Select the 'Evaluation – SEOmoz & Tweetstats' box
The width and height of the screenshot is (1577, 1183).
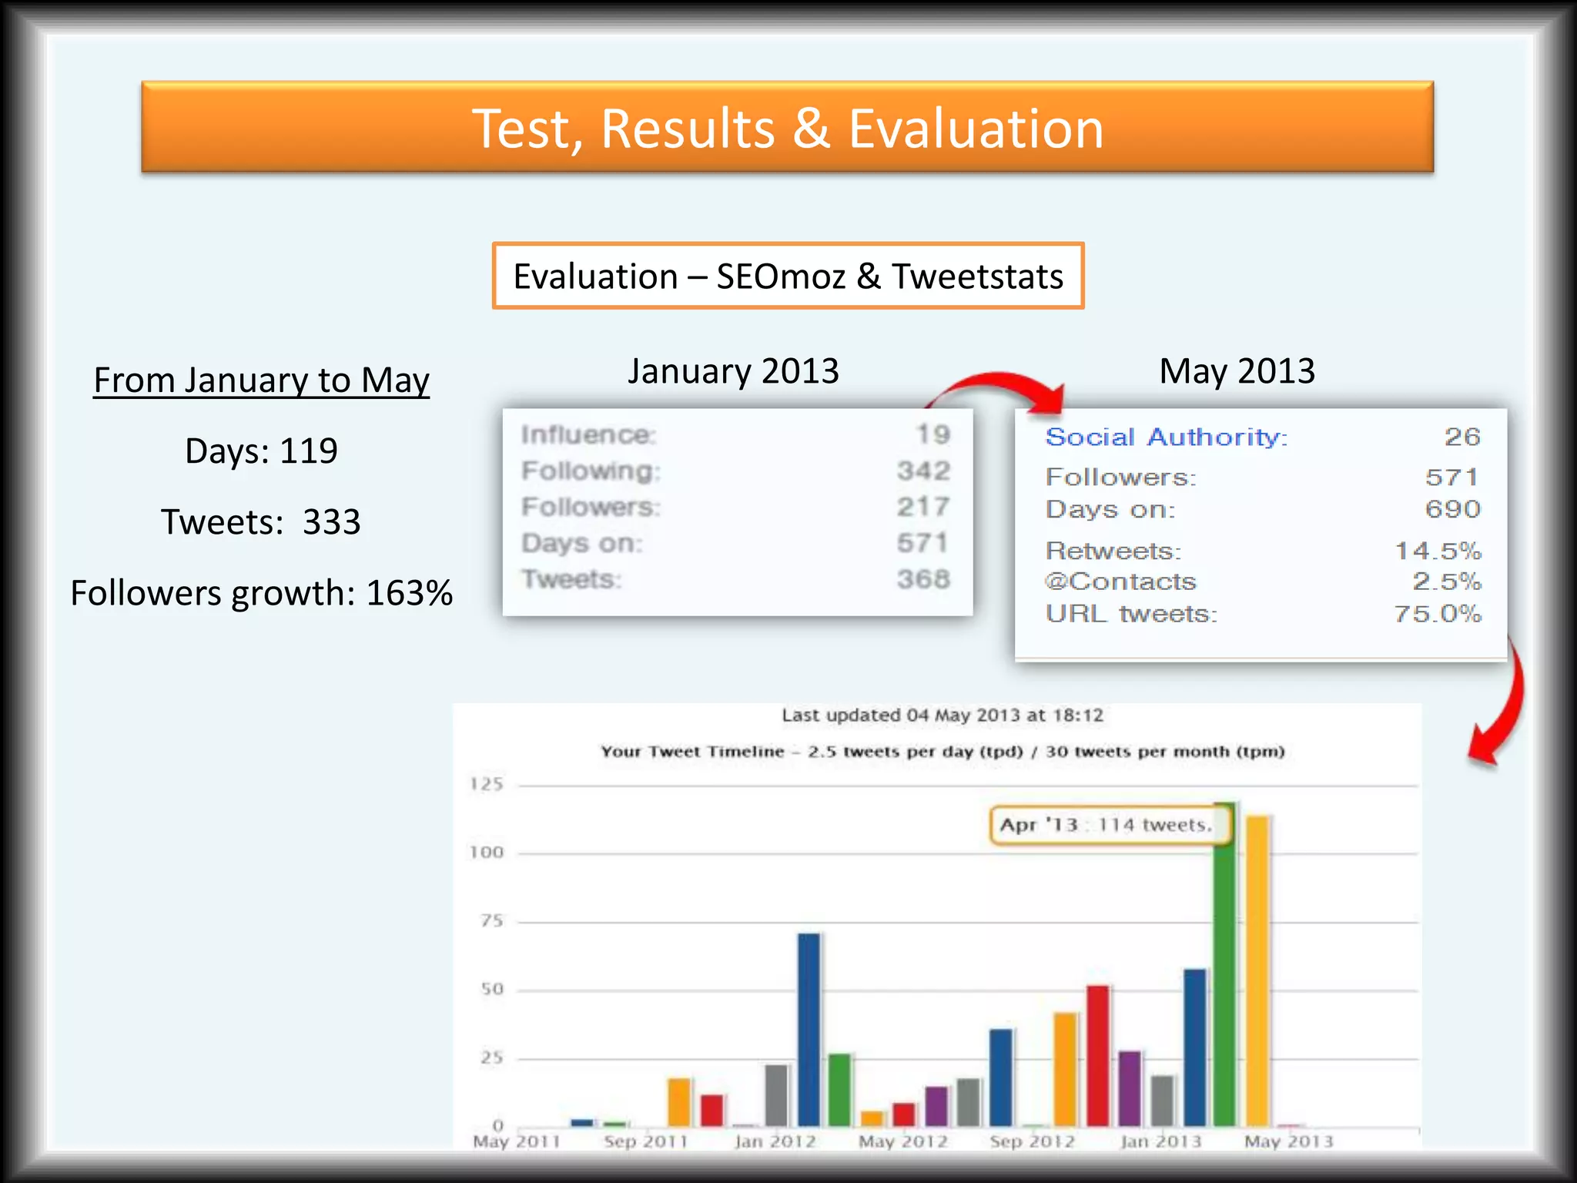coord(788,276)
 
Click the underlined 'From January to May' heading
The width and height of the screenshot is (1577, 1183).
coord(261,380)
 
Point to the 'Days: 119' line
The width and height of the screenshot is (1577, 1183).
coord(261,451)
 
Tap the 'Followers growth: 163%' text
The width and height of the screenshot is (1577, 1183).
coord(261,593)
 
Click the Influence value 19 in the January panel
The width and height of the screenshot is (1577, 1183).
coord(932,434)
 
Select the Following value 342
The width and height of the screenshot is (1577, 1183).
coord(923,471)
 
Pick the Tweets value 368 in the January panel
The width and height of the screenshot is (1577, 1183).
coord(923,579)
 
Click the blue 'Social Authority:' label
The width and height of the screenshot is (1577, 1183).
coord(1166,437)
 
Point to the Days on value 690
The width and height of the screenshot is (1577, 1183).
coord(1452,509)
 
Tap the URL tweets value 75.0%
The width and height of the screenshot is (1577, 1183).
coord(1437,614)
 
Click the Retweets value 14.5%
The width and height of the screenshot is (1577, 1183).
coord(1438,551)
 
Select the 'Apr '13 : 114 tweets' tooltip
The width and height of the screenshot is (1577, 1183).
coord(1107,825)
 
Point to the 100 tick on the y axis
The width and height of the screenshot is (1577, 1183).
coord(487,853)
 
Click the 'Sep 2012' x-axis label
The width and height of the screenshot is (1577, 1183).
coord(1032,1141)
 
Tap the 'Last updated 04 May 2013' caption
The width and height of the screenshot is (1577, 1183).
coord(943,715)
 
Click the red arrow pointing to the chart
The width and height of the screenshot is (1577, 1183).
coord(1502,709)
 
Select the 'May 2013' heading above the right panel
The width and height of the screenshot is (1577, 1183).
coord(1237,371)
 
